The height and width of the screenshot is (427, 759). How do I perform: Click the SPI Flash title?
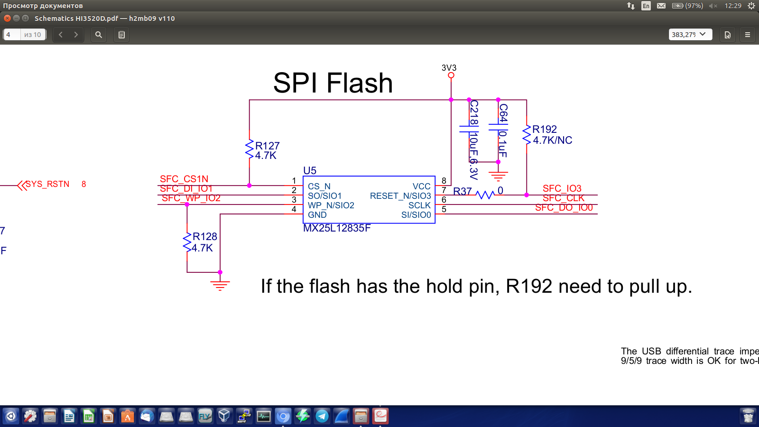pos(333,83)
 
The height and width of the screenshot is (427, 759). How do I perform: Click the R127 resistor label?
pos(268,146)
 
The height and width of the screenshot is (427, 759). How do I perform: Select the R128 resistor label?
pos(205,236)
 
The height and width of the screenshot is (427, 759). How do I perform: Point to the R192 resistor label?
pos(545,129)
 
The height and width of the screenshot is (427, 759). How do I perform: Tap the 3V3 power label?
pos(449,68)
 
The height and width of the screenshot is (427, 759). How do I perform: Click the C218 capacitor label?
pos(473,112)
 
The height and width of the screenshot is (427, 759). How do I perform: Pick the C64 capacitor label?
pos(503,113)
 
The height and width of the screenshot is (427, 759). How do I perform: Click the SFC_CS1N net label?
pos(184,179)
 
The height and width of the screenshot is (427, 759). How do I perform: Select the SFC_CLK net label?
pos(564,198)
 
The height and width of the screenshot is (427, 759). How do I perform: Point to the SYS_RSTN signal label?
pos(47,184)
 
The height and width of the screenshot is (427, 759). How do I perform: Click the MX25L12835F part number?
pos(337,228)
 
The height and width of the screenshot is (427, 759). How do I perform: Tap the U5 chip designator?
pos(310,170)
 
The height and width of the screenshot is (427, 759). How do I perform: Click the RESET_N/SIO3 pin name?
pos(400,196)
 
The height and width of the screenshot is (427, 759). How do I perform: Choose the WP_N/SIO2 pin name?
pos(331,205)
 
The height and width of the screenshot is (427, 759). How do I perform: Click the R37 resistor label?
pos(463,191)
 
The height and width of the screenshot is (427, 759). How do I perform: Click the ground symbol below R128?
pos(220,285)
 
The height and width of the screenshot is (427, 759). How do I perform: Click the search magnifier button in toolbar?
pos(99,35)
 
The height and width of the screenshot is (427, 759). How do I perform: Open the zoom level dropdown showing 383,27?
pos(690,35)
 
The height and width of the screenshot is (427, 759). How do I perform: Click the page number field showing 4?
pos(12,35)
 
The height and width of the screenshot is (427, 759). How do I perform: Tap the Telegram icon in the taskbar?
pos(322,417)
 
